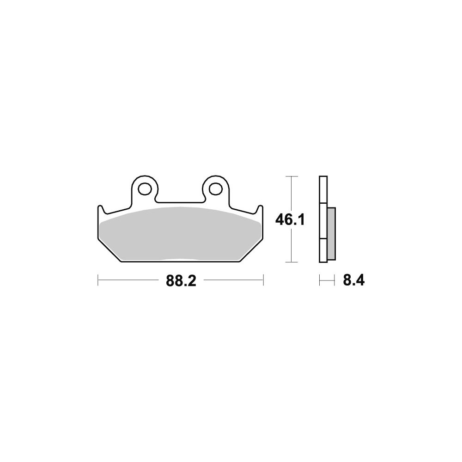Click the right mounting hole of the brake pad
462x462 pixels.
click(x=216, y=188)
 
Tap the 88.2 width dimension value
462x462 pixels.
click(x=181, y=280)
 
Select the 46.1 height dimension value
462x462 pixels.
click(x=290, y=220)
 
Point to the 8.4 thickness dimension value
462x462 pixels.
click(x=353, y=280)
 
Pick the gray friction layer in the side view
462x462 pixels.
click(x=331, y=234)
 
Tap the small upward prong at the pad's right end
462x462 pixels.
click(x=260, y=209)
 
